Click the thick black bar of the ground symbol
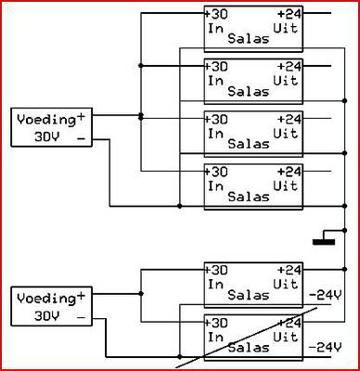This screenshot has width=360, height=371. [324, 242]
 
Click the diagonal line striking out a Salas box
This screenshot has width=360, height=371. [247, 338]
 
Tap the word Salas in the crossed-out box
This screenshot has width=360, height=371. [249, 348]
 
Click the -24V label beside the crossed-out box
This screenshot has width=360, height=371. [325, 348]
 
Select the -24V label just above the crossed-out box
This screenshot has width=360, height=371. [325, 296]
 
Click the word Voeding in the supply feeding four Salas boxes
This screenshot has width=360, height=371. [46, 120]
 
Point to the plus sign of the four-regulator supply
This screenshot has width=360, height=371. [81, 118]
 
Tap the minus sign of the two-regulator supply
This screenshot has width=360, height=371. [81, 317]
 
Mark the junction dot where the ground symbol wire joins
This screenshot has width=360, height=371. [345, 230]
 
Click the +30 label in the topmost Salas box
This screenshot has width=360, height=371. [216, 14]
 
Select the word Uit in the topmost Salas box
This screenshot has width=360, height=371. [286, 28]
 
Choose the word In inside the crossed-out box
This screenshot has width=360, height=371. [215, 337]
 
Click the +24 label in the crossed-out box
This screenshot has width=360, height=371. [289, 323]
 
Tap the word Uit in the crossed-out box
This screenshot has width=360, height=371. [286, 337]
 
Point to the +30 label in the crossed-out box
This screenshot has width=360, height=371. [216, 323]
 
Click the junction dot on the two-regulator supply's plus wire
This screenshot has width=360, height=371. [141, 293]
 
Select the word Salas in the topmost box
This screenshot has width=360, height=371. [249, 39]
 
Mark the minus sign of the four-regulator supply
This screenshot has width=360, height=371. [81, 139]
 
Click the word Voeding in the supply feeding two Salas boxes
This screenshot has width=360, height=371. [46, 299]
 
